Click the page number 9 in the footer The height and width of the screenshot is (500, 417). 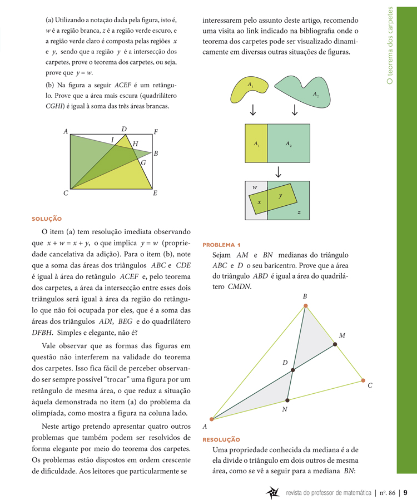405,492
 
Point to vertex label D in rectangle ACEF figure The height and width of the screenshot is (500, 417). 123,130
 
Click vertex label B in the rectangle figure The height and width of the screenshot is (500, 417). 156,153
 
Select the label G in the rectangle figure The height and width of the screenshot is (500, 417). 143,163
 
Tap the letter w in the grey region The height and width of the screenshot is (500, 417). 254,187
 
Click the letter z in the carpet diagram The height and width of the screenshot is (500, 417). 299,212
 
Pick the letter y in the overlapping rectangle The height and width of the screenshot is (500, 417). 280,196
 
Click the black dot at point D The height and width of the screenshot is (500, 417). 293,369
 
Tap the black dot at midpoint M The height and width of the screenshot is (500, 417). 335,345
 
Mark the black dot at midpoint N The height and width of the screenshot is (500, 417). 287,400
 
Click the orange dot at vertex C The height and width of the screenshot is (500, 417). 363,380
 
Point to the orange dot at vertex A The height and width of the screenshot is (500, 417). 211,419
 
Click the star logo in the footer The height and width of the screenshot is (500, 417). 272,492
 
